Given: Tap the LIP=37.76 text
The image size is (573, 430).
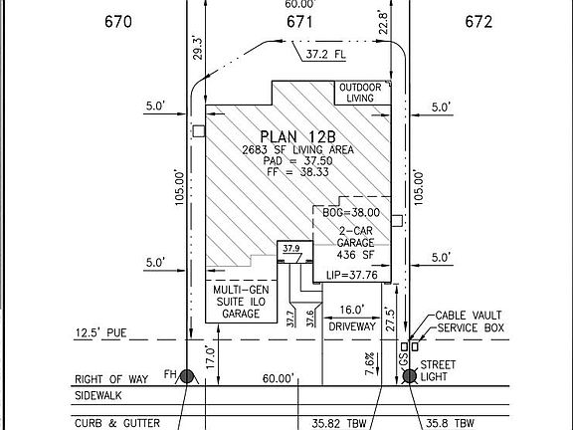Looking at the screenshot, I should (346, 276).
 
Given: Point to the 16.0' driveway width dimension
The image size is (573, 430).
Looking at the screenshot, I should (351, 310).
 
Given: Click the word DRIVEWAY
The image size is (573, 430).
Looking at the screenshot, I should (351, 325).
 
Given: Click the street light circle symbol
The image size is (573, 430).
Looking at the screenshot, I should (410, 375).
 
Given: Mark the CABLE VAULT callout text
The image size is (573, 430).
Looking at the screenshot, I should (467, 316).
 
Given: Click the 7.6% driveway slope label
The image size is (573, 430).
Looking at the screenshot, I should (368, 358).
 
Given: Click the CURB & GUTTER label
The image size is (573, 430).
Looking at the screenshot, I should (116, 423).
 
